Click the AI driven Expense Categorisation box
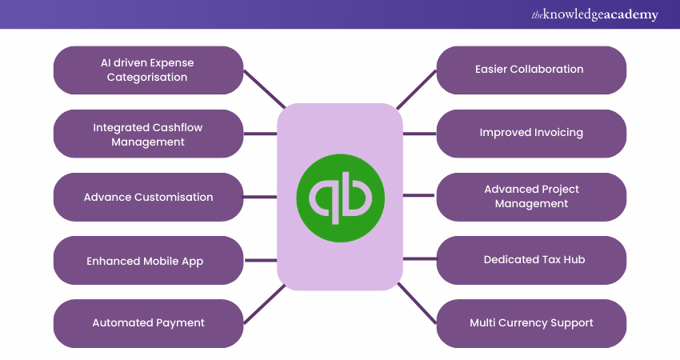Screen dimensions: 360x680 [148, 70]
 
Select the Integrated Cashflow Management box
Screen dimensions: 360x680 [148, 134]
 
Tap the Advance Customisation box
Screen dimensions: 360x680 [148, 197]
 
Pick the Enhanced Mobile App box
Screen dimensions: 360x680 [148, 261]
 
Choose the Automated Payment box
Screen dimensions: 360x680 [148, 323]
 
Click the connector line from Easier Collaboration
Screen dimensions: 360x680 [417, 89]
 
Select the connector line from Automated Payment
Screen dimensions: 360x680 [263, 304]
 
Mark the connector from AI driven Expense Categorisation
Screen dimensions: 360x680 [263, 89]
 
